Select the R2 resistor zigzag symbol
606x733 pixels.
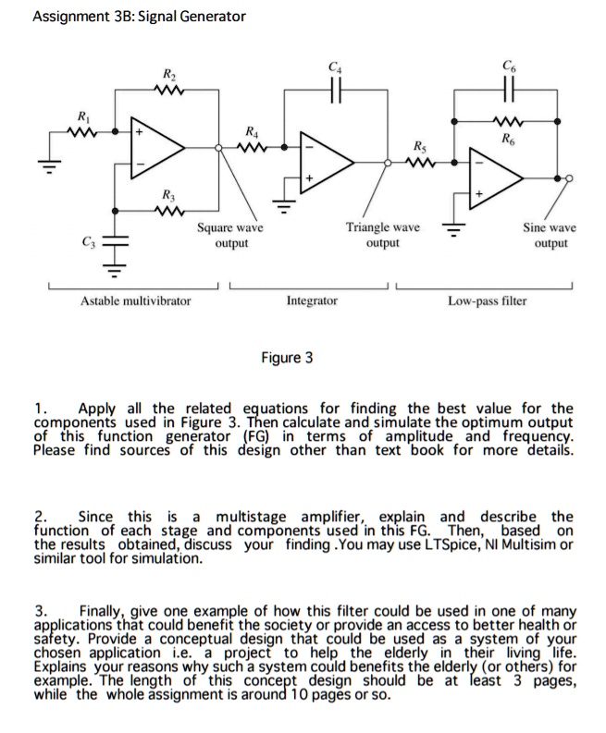point(168,91)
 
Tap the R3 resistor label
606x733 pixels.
point(168,194)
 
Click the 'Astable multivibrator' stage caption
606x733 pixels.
point(135,300)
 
